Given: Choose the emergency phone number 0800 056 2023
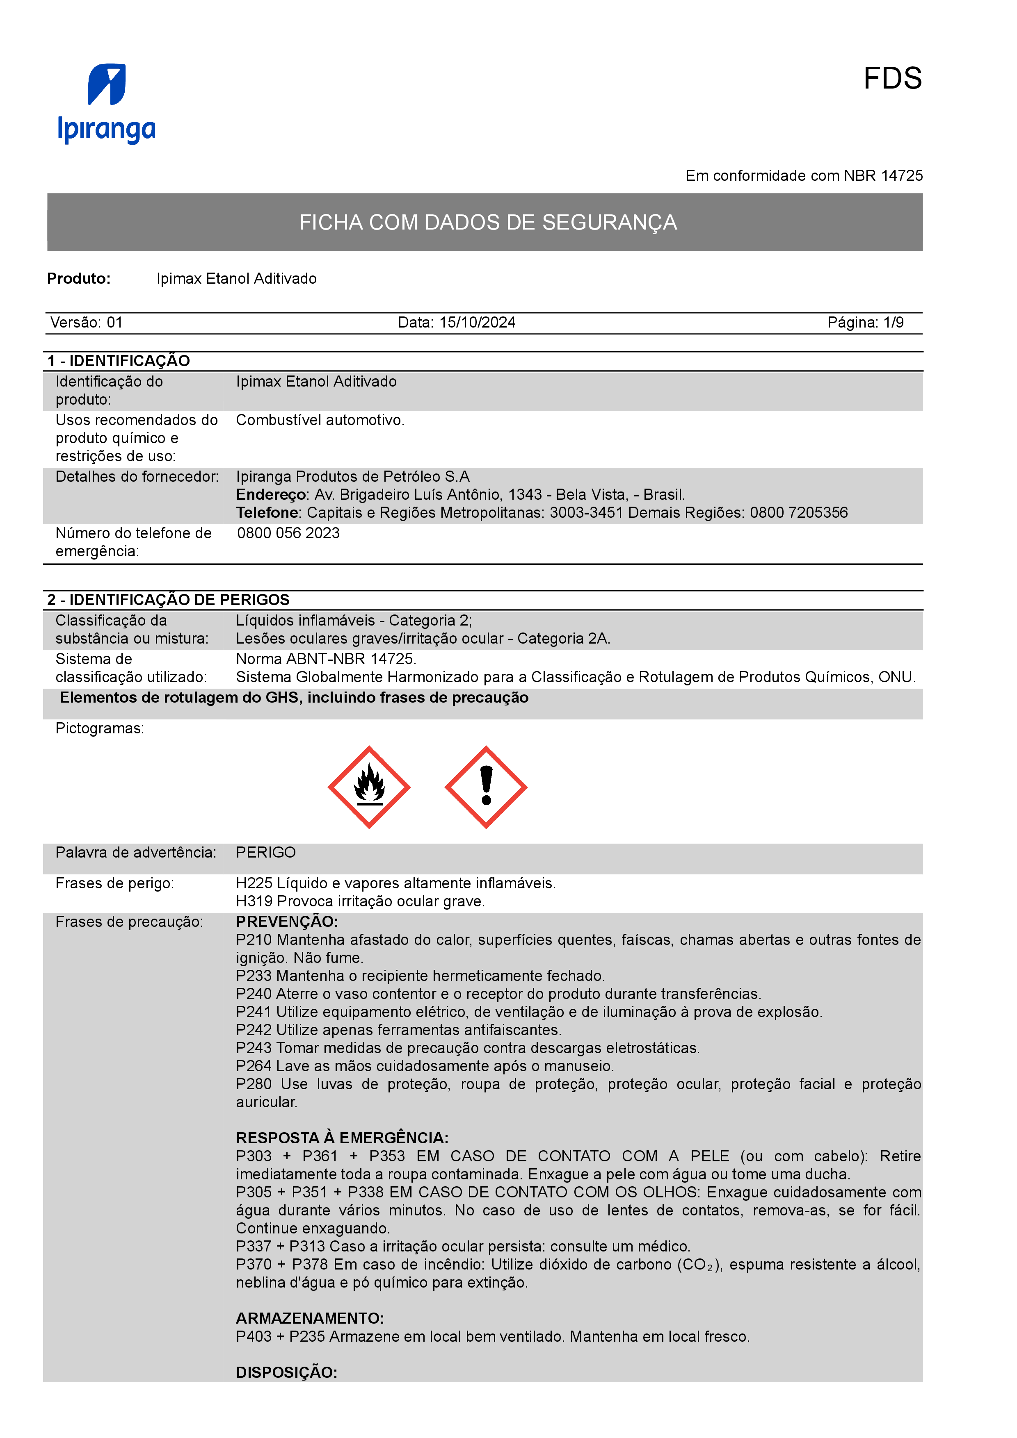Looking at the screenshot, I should pyautogui.click(x=288, y=533).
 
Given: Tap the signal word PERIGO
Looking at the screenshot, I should pyautogui.click(x=266, y=852).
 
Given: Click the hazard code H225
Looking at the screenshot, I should pyautogui.click(x=254, y=883).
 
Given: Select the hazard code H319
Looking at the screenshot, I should pyautogui.click(x=254, y=901).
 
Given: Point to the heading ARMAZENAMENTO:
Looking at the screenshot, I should pyautogui.click(x=310, y=1318).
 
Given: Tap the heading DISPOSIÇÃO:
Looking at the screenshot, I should pyautogui.click(x=286, y=1372).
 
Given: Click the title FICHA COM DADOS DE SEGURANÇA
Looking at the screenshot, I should pyautogui.click(x=487, y=222).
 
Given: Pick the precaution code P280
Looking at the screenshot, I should pyautogui.click(x=254, y=1084).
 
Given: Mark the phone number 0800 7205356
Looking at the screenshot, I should pyautogui.click(x=798, y=513).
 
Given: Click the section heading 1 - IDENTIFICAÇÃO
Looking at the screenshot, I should pyautogui.click(x=119, y=361).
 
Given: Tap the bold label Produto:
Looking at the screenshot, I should pyautogui.click(x=79, y=279).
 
